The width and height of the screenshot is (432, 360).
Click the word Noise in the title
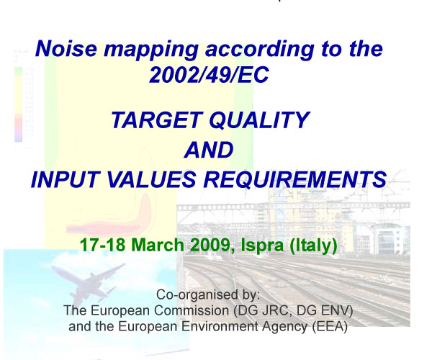click(x=66, y=48)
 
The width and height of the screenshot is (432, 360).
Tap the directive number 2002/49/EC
click(x=209, y=75)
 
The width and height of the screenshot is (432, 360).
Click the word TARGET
click(x=157, y=120)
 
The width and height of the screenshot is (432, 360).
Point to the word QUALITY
click(x=259, y=121)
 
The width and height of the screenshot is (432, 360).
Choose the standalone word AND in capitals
click(x=209, y=150)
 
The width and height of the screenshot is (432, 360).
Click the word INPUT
click(x=66, y=179)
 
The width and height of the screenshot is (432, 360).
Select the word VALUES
click(x=151, y=179)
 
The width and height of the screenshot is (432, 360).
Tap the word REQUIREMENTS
click(x=294, y=179)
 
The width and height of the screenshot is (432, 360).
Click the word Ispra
click(x=262, y=246)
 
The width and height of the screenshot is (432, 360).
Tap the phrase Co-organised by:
click(x=208, y=295)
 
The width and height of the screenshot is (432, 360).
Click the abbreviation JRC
click(x=275, y=310)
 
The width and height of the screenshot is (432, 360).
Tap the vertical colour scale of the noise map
click(x=18, y=104)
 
